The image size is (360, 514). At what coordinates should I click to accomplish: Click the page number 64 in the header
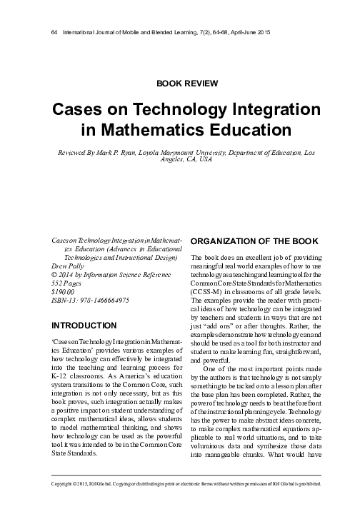click(x=47, y=33)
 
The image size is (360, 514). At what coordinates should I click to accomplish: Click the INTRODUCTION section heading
click(x=75, y=326)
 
